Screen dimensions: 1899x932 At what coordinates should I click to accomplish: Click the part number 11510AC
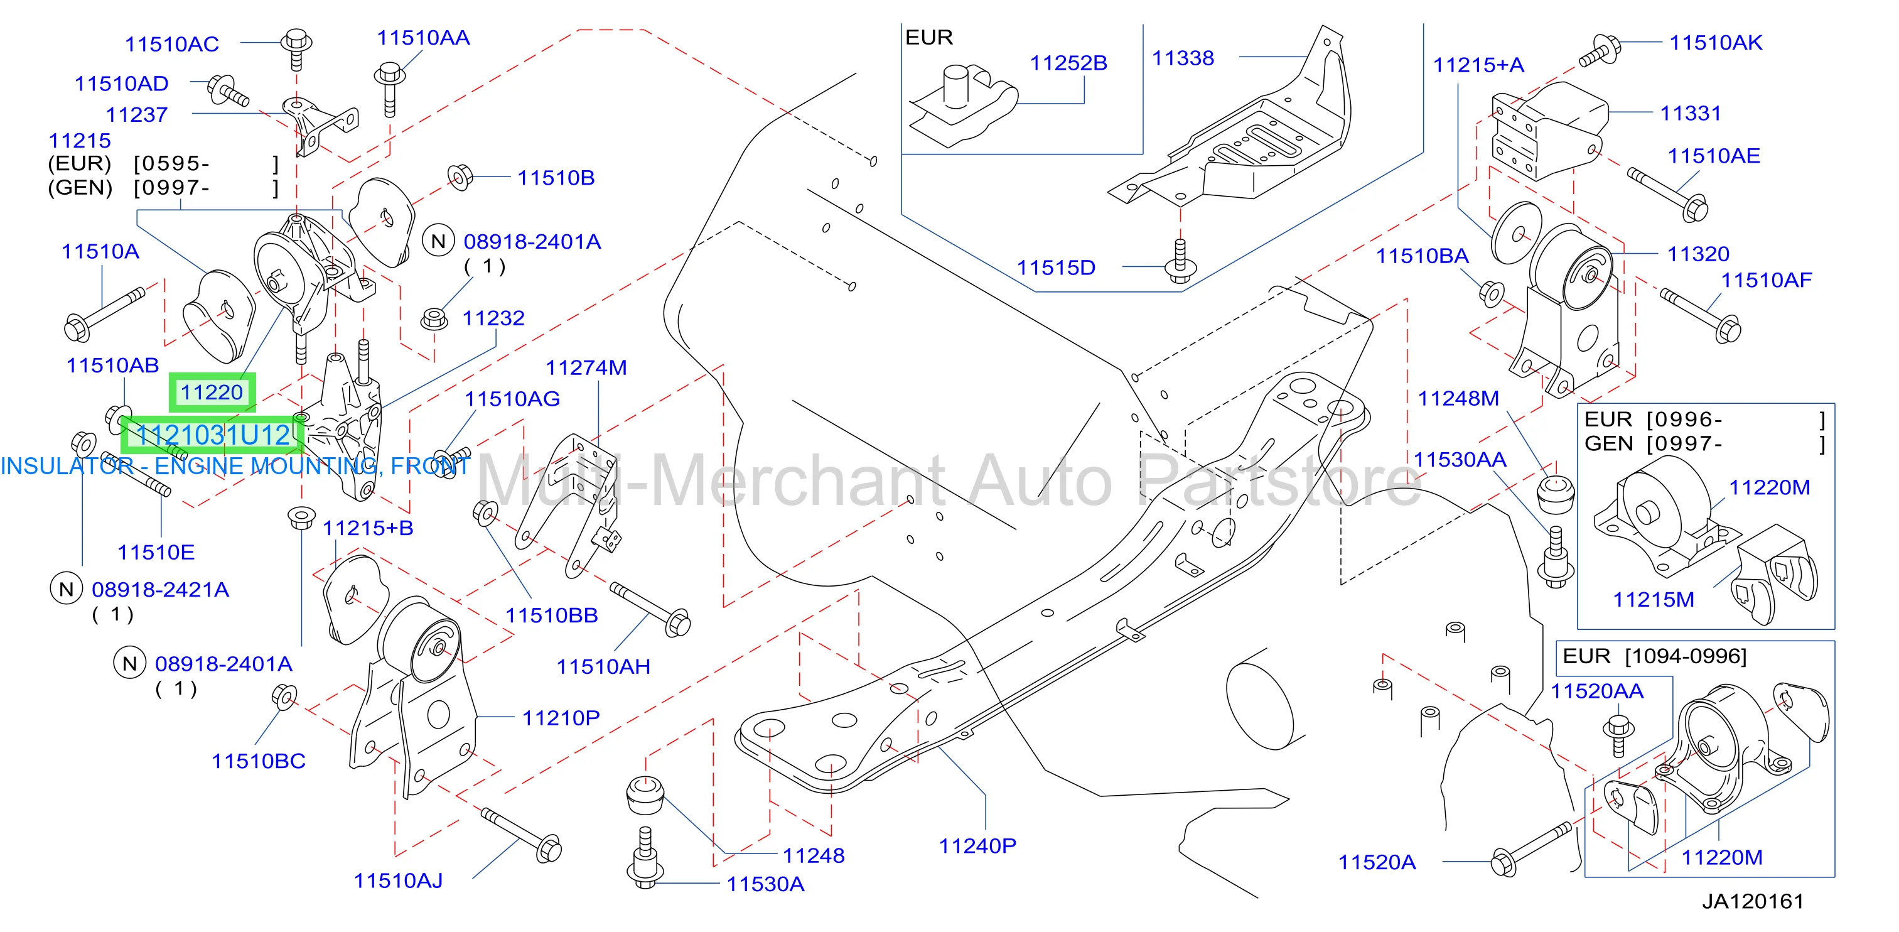(x=172, y=44)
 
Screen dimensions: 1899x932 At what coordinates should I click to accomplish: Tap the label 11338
(x=1183, y=58)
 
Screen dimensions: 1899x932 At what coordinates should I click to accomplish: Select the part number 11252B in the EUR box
(x=1068, y=63)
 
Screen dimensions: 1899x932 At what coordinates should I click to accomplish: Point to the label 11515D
(x=1056, y=268)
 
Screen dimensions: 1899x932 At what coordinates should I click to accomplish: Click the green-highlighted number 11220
(x=212, y=393)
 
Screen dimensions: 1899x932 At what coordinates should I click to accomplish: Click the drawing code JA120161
(x=1752, y=901)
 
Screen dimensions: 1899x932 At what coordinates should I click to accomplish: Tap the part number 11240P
(x=977, y=846)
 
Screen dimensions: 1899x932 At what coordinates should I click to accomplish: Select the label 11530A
(x=765, y=884)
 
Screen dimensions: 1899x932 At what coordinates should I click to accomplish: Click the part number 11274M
(x=586, y=368)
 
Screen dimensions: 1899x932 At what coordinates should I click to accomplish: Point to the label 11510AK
(x=1716, y=43)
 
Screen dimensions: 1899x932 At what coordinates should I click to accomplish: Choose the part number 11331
(x=1691, y=114)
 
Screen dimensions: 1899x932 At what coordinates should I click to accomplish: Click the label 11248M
(x=1458, y=399)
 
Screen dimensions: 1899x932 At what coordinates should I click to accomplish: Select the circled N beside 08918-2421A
(x=67, y=589)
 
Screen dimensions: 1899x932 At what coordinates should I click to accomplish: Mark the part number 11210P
(x=561, y=717)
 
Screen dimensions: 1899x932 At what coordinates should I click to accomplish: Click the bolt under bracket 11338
(x=1180, y=260)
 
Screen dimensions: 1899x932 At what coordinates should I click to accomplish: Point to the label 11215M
(x=1654, y=600)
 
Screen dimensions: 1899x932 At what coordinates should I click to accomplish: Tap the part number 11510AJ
(x=398, y=881)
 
